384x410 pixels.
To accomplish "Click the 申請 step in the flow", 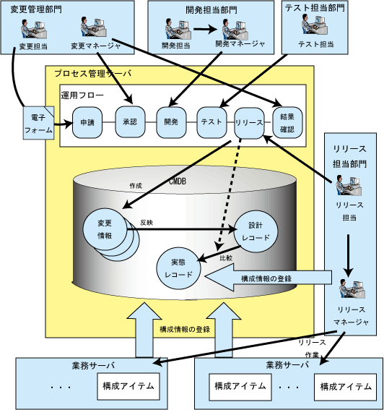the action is click(x=87, y=122).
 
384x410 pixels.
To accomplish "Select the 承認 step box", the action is click(x=130, y=122).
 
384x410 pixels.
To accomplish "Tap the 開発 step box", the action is click(x=171, y=122).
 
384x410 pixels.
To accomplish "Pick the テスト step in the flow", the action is click(x=211, y=122).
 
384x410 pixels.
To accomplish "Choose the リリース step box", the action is click(x=249, y=123).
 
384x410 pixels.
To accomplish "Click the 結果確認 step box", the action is click(x=287, y=122).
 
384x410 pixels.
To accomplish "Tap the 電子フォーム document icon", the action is click(x=39, y=123).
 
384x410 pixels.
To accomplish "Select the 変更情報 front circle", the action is click(x=105, y=229).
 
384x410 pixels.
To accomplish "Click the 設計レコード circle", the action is click(x=256, y=231).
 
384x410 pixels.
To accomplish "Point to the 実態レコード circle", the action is click(x=178, y=268).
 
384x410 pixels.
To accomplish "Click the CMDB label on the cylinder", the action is click(x=178, y=181).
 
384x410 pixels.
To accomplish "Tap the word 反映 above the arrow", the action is click(x=147, y=223).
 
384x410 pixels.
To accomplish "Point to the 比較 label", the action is click(x=226, y=258).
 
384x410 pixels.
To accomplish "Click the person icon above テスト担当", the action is click(x=315, y=24).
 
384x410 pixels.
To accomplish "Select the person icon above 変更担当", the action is click(x=34, y=29).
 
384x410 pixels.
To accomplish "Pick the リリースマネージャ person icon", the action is click(x=352, y=289).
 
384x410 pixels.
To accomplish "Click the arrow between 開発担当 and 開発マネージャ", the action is click(x=205, y=29).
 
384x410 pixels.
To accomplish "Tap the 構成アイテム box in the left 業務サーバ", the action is click(x=128, y=386).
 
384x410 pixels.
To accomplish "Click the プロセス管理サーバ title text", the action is click(x=93, y=74).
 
